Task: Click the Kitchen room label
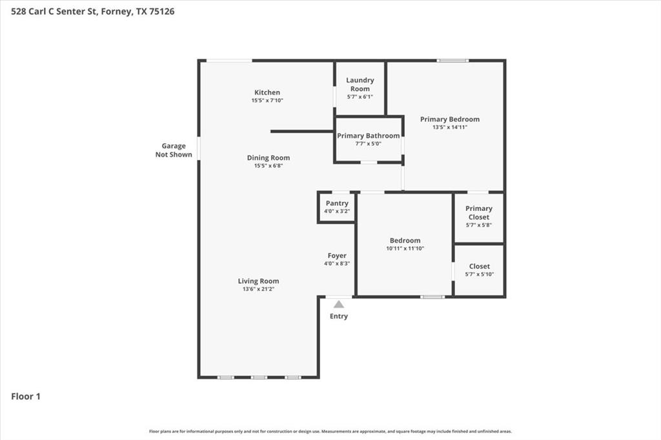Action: click(267, 92)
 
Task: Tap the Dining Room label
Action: click(268, 157)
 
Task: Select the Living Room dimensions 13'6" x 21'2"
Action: click(258, 289)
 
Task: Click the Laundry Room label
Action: click(360, 85)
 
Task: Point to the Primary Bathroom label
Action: click(368, 135)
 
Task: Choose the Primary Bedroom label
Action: click(449, 119)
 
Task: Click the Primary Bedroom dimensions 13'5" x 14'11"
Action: click(449, 127)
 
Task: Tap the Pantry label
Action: click(337, 203)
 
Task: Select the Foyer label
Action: click(337, 255)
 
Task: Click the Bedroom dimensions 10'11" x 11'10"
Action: click(405, 248)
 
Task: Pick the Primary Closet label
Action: click(479, 213)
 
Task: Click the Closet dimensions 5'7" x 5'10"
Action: click(479, 274)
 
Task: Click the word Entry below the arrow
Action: click(339, 316)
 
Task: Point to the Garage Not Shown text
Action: click(174, 150)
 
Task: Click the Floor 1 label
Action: click(26, 396)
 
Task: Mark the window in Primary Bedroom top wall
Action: click(453, 61)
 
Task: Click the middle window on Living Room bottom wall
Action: click(259, 377)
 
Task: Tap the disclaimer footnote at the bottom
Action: click(330, 431)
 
